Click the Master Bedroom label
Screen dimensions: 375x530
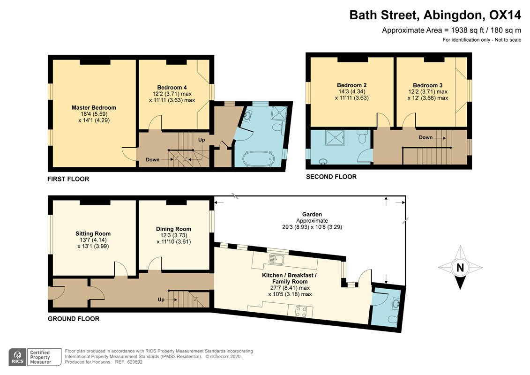pos(94,107)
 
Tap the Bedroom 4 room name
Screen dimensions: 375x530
pos(172,87)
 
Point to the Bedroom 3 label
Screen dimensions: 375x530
pos(427,85)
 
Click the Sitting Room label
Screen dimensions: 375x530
pos(93,233)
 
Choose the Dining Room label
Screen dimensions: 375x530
pos(173,229)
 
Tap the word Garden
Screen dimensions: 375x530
pos(312,214)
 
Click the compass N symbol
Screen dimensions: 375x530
pos(460,268)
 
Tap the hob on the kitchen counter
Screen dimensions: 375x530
pos(300,310)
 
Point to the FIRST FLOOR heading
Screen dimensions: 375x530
pos(68,179)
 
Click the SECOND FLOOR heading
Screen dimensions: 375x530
pos(331,177)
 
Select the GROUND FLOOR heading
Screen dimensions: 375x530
pos(73,319)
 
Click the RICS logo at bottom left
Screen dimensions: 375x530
pos(17,357)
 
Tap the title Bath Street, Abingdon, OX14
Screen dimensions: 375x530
pos(435,15)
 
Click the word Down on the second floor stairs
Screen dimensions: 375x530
pos(425,137)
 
